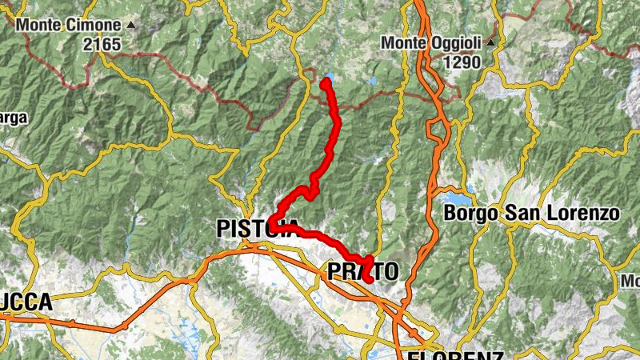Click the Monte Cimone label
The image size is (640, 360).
70,26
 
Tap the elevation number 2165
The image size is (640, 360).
100,44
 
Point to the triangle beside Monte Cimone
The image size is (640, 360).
131,25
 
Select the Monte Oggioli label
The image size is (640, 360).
432,42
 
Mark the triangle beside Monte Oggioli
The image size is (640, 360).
490,42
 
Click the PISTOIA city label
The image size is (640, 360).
258,229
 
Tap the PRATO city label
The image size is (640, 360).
362,272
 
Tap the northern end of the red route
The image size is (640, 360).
326,82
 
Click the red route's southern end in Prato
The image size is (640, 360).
370,279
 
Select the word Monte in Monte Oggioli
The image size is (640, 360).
404,42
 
